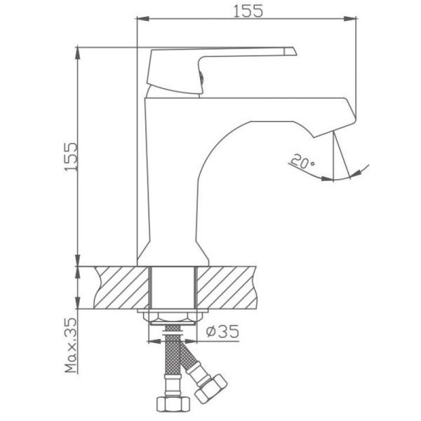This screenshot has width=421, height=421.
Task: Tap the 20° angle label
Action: (302, 163)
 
